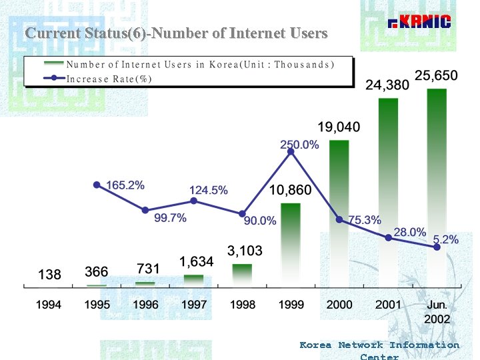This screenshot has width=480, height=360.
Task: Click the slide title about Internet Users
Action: click(176, 33)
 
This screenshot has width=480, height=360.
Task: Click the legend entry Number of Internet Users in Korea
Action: click(200, 65)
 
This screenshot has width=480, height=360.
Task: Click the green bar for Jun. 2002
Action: click(437, 187)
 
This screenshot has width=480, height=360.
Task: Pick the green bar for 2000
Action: click(339, 213)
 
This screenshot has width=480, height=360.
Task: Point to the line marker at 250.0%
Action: click(291, 152)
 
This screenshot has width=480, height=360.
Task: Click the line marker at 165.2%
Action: click(97, 185)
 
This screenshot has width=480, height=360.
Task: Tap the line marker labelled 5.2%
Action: click(437, 247)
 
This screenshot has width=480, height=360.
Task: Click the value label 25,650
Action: click(436, 76)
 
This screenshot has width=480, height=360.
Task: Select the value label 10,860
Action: click(290, 191)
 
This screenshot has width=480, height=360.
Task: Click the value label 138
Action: click(49, 274)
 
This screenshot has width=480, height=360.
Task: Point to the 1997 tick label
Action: click(194, 305)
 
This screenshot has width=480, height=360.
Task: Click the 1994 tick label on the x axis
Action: click(49, 305)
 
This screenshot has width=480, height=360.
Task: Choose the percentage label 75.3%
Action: click(365, 220)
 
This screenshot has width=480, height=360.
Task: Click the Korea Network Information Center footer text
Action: click(379, 349)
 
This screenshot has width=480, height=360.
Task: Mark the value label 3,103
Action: click(245, 251)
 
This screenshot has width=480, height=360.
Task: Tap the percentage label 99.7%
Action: click(170, 218)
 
